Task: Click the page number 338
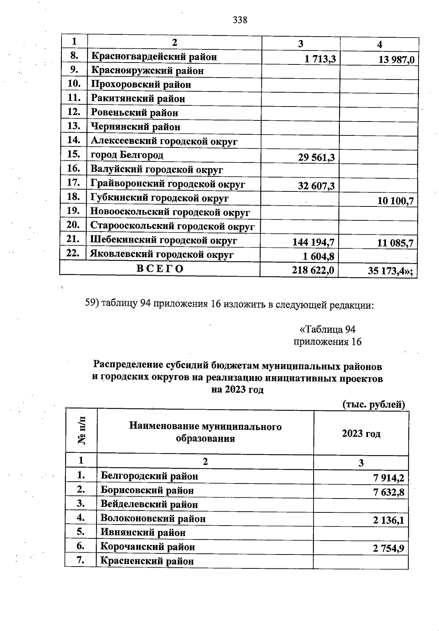pyautogui.click(x=240, y=20)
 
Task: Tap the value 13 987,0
pyautogui.click(x=396, y=60)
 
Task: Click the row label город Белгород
pyautogui.click(x=127, y=155)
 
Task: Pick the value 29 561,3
pyautogui.click(x=316, y=158)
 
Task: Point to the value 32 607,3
pyautogui.click(x=316, y=186)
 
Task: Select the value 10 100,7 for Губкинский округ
pyautogui.click(x=395, y=201)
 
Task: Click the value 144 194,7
pyautogui.click(x=313, y=242)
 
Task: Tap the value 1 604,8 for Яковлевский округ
pyautogui.click(x=318, y=256)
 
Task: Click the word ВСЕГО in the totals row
pyautogui.click(x=160, y=269)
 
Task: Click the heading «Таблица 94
pyautogui.click(x=327, y=329)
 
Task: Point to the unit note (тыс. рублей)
pyautogui.click(x=373, y=405)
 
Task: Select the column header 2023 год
pyautogui.click(x=361, y=434)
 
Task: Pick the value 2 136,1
pyautogui.click(x=389, y=520)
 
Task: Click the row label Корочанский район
pyautogui.click(x=147, y=547)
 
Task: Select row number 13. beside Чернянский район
pyautogui.click(x=74, y=126)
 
